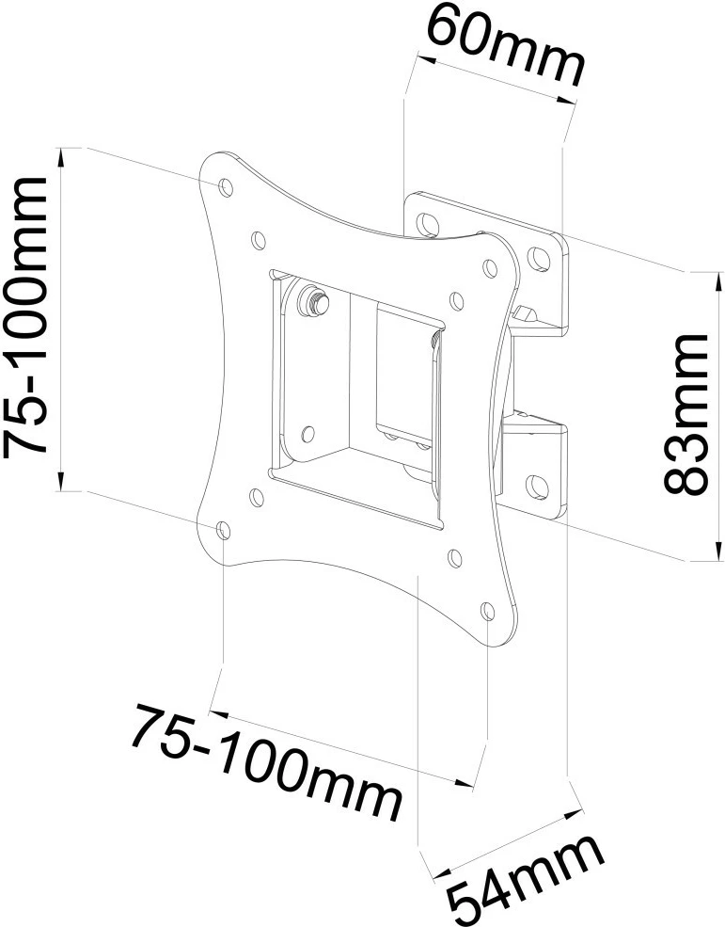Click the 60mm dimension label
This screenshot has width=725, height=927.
tap(505, 47)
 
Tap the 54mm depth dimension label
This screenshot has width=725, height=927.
tap(525, 880)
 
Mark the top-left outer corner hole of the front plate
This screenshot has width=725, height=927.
tap(226, 186)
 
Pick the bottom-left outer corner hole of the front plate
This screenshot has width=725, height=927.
tap(223, 531)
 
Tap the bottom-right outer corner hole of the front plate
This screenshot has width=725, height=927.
tap(488, 612)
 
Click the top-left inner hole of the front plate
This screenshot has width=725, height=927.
tap(257, 239)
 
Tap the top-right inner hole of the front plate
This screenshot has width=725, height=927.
tap(456, 301)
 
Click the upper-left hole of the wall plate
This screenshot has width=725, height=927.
tap(428, 223)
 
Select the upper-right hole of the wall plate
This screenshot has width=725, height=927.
tap(539, 256)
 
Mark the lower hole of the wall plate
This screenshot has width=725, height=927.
tap(540, 486)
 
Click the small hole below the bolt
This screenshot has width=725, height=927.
tap(309, 434)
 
